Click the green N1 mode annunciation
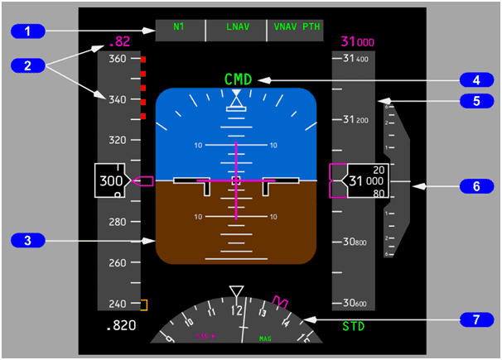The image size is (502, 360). click(179, 26)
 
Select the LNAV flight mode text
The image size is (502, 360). click(237, 26)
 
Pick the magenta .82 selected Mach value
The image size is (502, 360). click(120, 41)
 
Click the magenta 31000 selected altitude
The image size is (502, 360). click(357, 41)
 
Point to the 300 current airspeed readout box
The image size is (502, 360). click(113, 180)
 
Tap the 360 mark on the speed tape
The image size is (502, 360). click(117, 60)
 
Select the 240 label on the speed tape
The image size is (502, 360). click(117, 304)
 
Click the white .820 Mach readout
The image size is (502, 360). click(121, 326)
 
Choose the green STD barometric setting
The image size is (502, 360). click(354, 326)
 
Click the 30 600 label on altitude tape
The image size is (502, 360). click(355, 304)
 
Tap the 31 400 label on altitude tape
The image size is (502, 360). click(355, 59)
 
